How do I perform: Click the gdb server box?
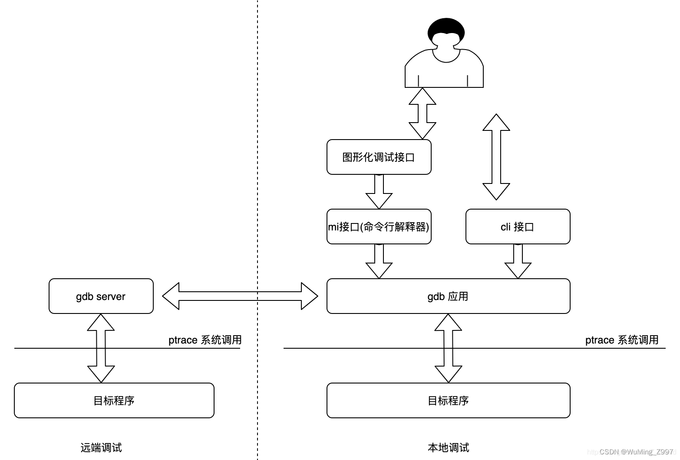[101, 296]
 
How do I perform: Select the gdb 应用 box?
[448, 296]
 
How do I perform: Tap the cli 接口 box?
[518, 227]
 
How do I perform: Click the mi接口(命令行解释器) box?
[379, 227]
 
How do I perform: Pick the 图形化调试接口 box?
[379, 157]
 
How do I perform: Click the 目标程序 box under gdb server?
[114, 400]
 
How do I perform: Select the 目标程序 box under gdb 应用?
[448, 400]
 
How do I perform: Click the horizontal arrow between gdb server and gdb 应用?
[240, 296]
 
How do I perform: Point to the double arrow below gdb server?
[101, 348]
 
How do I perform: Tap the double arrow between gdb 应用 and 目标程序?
[448, 348]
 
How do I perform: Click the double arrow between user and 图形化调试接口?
[422, 113]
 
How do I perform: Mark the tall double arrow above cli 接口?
[496, 157]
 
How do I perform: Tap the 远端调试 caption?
[101, 447]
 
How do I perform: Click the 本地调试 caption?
[448, 447]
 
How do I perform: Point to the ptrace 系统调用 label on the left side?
[205, 340]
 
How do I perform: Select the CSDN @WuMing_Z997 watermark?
[637, 452]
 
